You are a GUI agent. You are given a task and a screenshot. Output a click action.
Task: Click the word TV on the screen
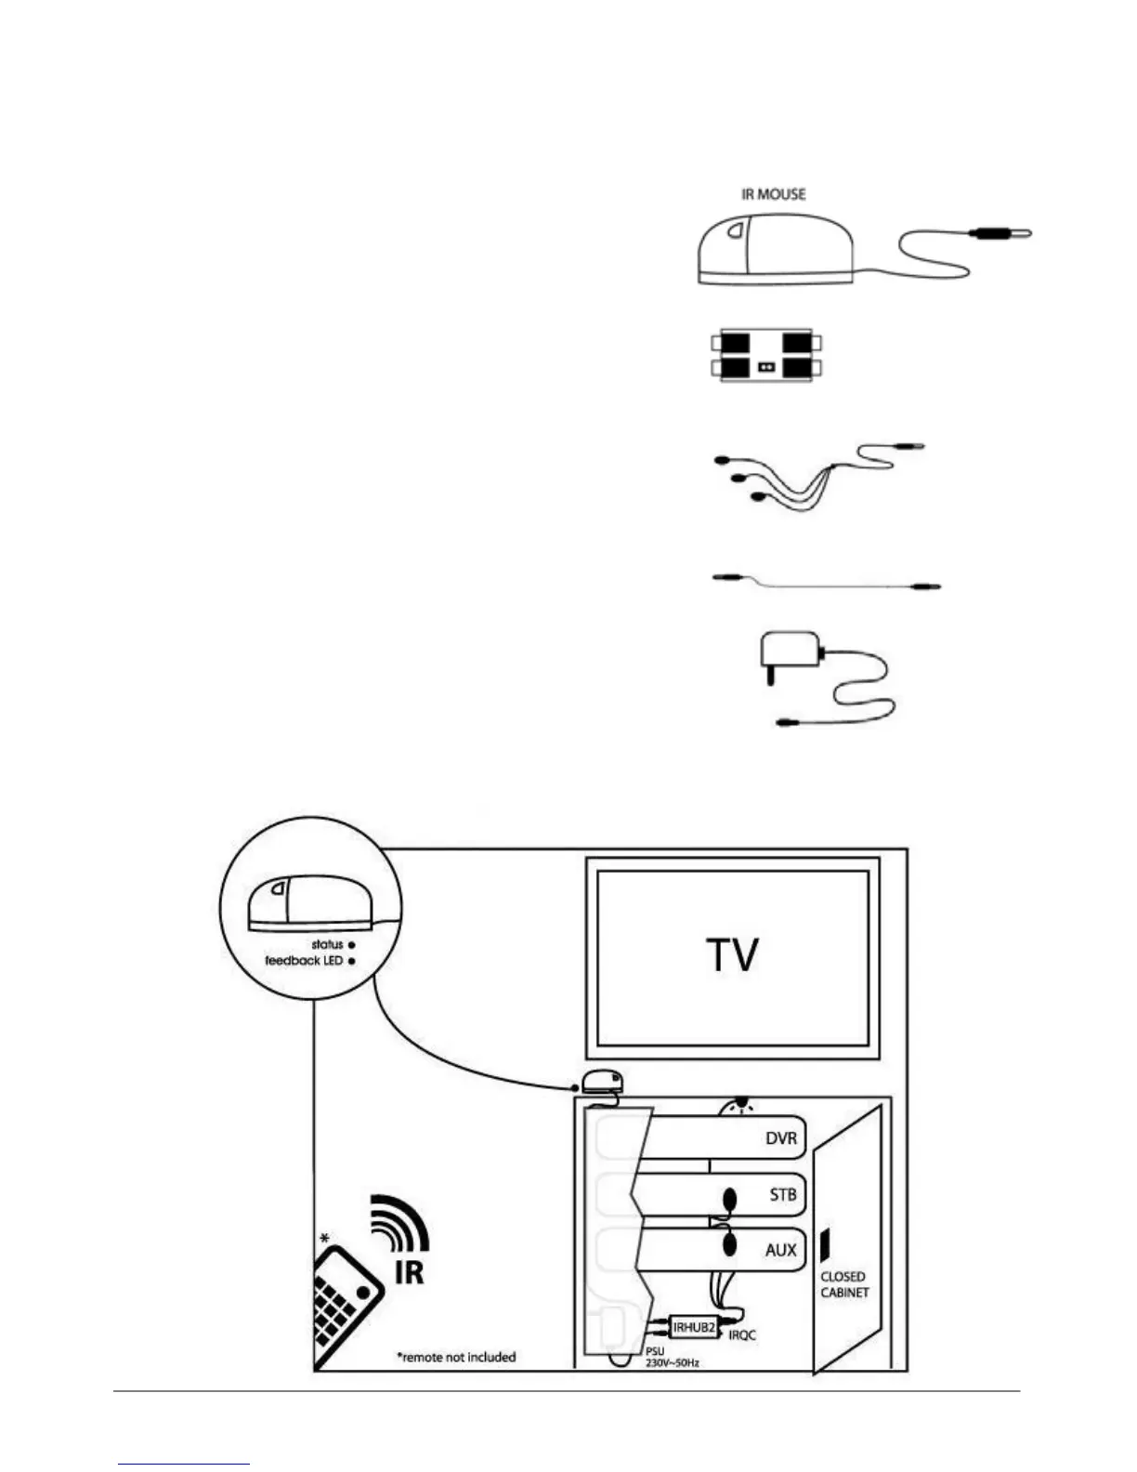732,954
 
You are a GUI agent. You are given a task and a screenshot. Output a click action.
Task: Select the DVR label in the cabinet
780,1138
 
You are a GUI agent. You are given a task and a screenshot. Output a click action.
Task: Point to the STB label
782,1194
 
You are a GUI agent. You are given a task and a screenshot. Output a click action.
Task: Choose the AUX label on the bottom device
780,1250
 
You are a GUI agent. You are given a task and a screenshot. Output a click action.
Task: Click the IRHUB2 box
694,1328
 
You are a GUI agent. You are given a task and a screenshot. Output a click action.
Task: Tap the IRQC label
743,1335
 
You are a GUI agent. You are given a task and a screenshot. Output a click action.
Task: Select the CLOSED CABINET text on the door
843,1284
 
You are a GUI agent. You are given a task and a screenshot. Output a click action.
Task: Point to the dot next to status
352,945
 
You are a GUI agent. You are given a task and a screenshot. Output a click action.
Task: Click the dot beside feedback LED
352,961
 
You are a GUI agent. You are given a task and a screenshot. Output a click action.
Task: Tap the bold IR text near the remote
409,1271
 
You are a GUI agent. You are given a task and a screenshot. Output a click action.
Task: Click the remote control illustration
348,1301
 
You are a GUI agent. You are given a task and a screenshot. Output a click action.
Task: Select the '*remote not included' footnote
456,1357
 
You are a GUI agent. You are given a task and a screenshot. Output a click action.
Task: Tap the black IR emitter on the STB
729,1199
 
